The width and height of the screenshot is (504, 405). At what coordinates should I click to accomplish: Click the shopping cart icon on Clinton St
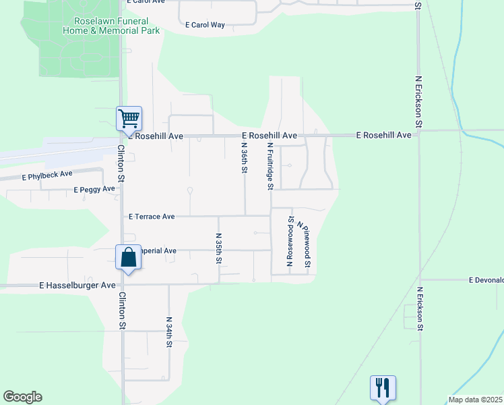pos(129,119)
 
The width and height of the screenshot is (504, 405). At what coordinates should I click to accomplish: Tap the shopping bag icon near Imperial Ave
pos(129,257)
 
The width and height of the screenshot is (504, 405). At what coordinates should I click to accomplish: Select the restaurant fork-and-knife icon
pos(383,387)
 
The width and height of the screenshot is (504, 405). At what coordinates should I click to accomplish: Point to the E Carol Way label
pos(204,25)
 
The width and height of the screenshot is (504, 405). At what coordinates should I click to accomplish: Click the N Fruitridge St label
pos(270,165)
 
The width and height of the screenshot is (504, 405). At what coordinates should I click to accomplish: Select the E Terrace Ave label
pos(152,217)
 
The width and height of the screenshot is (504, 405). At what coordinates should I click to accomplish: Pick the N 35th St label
pos(218,248)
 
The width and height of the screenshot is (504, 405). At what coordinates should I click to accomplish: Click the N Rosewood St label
pos(290,241)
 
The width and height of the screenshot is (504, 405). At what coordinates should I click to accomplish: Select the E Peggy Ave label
pos(94,190)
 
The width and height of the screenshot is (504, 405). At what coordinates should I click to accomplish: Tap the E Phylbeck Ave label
pos(47,175)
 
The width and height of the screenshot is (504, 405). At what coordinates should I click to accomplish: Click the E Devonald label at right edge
pos(486,279)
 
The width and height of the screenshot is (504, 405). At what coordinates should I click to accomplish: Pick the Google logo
pos(22,397)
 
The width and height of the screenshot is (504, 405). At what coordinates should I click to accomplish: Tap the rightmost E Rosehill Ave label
pos(383,136)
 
